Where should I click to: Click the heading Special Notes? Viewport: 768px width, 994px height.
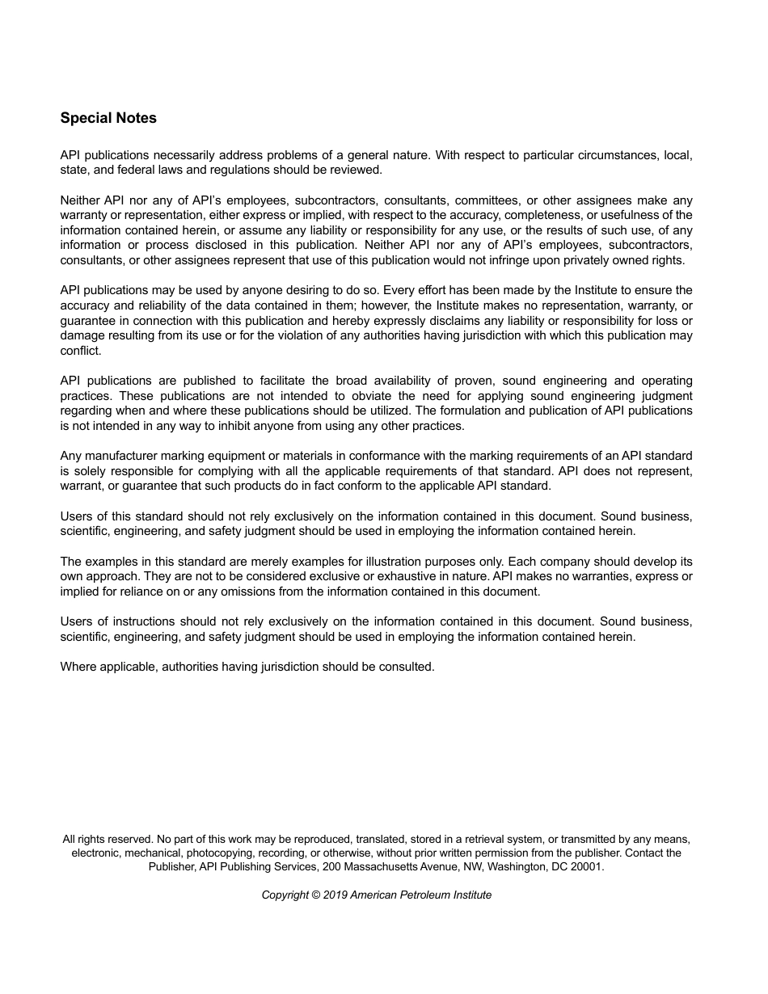coord(108,118)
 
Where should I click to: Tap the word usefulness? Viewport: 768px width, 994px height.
coord(631,215)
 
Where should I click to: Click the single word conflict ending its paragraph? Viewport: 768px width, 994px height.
coord(80,351)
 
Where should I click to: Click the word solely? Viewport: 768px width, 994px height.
coord(91,471)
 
